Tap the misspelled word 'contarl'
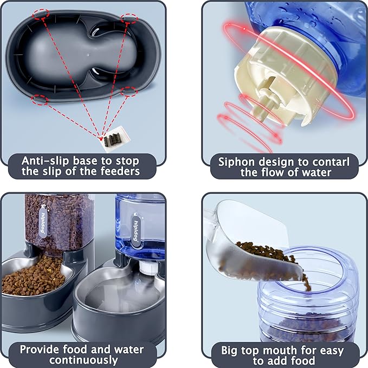point(331,162)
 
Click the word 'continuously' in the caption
point(83,360)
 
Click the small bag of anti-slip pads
point(114,139)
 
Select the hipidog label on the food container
point(43,221)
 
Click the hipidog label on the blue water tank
point(135,230)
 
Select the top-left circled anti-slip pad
point(41,15)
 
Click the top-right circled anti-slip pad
point(129,18)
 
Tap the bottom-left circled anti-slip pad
point(40,100)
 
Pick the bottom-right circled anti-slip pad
point(129,91)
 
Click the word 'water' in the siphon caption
point(317,172)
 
